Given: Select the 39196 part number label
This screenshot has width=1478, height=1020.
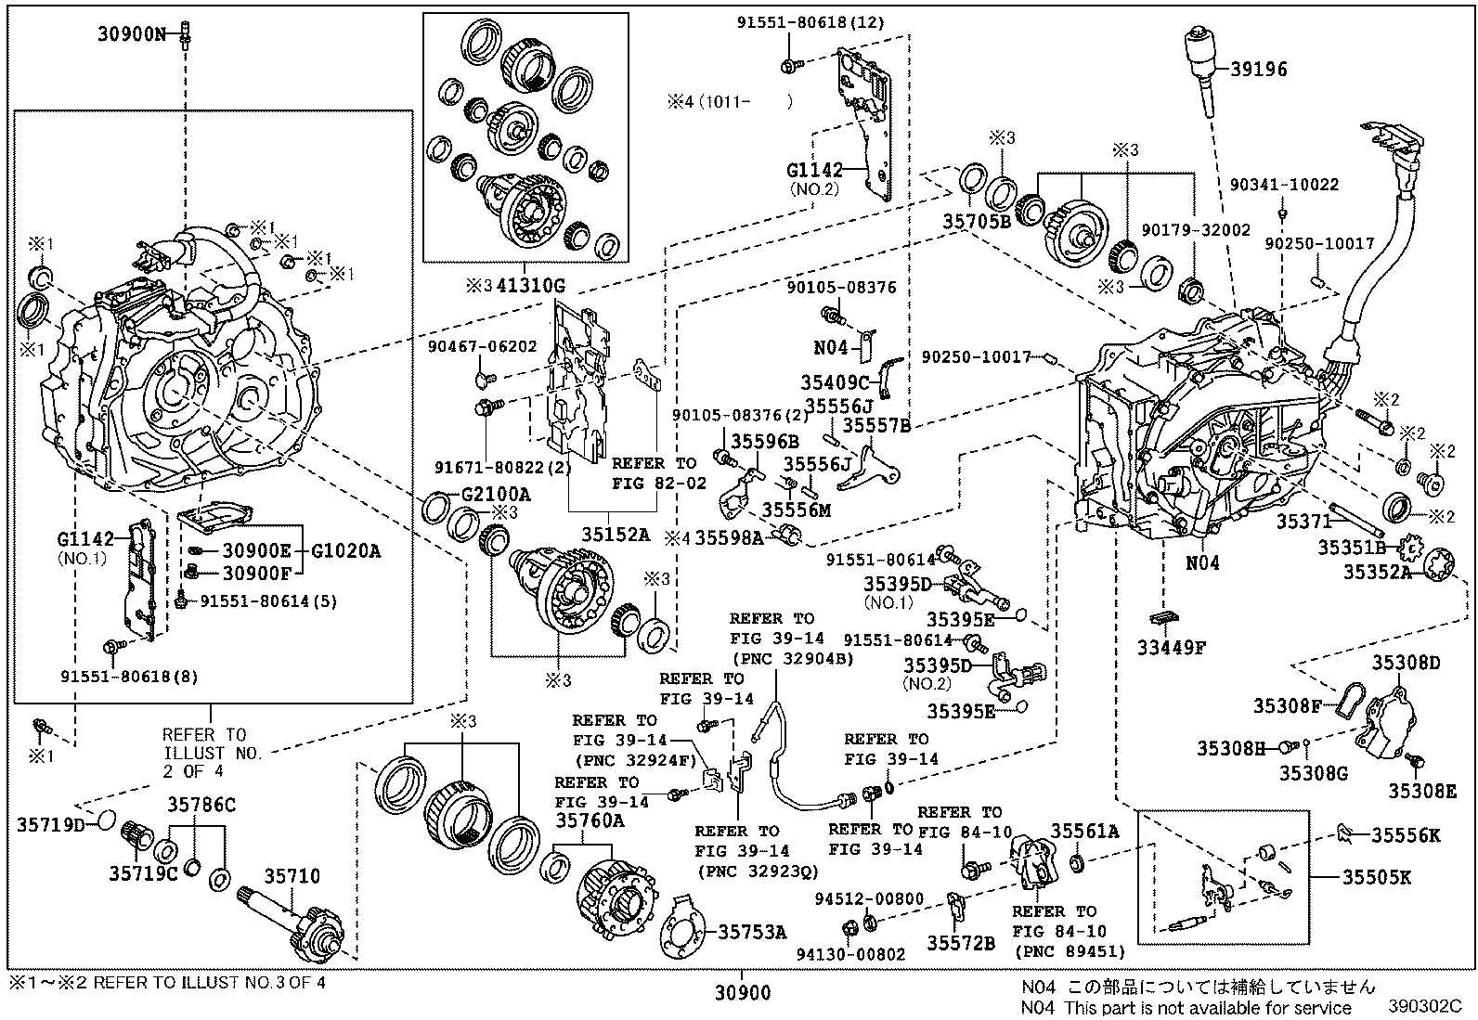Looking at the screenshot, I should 1259,69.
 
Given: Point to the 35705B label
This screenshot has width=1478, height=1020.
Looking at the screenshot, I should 977,221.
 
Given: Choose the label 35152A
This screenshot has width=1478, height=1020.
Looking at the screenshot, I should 616,536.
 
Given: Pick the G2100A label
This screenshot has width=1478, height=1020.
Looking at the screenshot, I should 495,494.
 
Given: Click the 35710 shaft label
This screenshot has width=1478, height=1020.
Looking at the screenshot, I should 292,876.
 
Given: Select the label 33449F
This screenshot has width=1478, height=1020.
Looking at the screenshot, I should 1171,649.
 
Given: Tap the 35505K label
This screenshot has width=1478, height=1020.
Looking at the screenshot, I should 1376,876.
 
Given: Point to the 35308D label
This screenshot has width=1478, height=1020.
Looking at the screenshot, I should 1406,662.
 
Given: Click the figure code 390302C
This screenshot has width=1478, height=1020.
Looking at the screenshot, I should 1425,1007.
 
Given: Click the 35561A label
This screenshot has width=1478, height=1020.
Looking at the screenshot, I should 1084,831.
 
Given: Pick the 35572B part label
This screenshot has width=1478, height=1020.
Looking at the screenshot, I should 961,944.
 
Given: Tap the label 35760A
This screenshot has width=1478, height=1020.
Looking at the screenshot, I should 590,820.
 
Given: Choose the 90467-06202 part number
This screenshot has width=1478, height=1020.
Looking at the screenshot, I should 483,347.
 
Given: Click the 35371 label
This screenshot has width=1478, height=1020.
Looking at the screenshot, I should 1303,523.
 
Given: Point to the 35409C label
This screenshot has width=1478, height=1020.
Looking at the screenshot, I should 835,382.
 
